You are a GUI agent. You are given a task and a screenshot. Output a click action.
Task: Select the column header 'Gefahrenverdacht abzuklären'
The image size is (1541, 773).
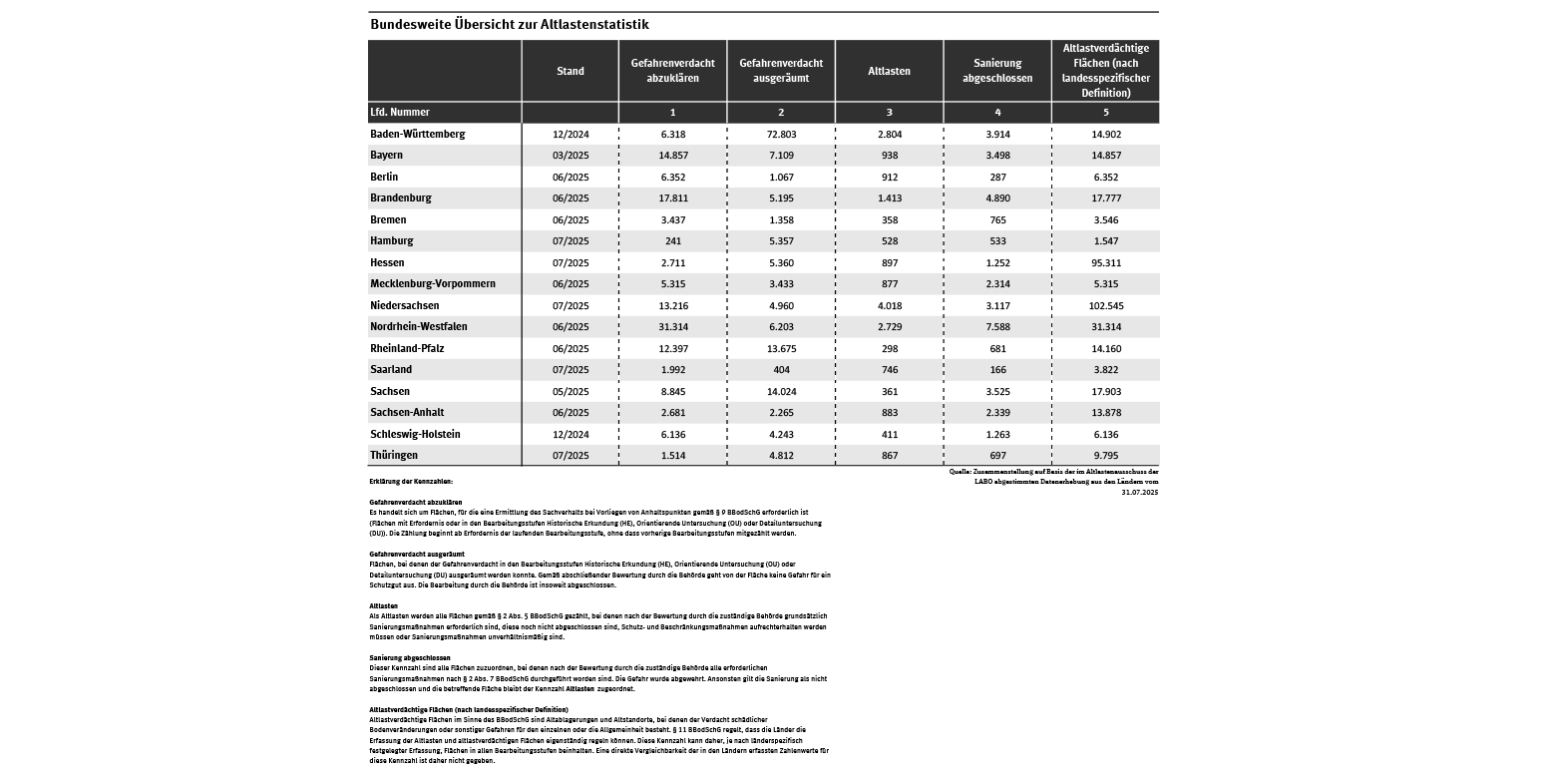point(672,70)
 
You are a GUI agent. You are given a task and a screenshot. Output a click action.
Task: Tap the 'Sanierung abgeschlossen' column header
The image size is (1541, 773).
point(997,70)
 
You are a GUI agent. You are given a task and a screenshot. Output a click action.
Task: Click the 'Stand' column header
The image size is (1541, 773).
point(571,71)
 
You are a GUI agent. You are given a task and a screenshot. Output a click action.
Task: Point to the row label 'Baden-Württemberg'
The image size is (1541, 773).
point(418,134)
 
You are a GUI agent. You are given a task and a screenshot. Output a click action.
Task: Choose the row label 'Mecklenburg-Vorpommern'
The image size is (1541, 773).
point(433,284)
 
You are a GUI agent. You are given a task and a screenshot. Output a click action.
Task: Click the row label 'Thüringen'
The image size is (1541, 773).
point(395,456)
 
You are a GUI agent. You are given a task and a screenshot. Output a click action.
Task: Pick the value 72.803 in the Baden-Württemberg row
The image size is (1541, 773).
point(781,134)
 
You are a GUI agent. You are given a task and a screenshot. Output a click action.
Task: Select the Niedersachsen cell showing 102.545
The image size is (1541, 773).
point(1105,305)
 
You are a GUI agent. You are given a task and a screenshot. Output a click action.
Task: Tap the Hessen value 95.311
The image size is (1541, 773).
point(1105,262)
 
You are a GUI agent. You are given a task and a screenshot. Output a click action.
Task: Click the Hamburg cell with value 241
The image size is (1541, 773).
point(672,240)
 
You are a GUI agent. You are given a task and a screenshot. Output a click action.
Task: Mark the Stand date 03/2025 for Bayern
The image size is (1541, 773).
point(571,156)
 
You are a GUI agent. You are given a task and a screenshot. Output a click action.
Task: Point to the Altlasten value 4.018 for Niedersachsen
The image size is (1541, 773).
point(889,305)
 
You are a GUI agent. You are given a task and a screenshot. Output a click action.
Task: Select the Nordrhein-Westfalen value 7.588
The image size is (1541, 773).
point(997,327)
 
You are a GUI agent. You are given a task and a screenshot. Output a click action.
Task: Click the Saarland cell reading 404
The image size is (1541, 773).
point(781,370)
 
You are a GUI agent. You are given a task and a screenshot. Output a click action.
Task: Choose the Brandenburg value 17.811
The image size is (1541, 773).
point(672,198)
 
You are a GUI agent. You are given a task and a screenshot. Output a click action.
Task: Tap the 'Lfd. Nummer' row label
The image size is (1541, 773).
point(400,113)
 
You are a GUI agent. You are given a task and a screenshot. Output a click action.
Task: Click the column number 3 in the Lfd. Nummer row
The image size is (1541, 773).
point(889,113)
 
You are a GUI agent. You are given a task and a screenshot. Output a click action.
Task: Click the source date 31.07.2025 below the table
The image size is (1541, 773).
point(1139,492)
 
